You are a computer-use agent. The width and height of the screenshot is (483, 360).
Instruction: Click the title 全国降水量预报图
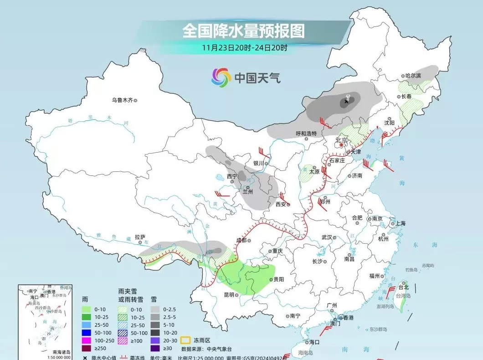click(x=243, y=31)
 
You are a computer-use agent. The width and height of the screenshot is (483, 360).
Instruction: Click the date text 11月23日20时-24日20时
click(x=245, y=47)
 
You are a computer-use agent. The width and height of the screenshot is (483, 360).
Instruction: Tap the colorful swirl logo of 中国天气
click(x=221, y=77)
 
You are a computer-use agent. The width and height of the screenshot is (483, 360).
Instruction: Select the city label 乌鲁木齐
click(x=122, y=100)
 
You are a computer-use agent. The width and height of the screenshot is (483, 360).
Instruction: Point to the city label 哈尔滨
click(x=413, y=76)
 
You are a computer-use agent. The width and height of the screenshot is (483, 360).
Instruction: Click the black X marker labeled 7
click(x=346, y=102)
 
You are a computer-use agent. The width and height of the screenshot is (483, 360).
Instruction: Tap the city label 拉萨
click(x=139, y=237)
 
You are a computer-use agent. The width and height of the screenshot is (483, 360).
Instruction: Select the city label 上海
click(x=400, y=223)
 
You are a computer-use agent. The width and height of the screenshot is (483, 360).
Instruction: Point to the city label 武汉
click(x=327, y=237)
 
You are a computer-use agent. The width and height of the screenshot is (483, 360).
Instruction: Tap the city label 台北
click(x=404, y=287)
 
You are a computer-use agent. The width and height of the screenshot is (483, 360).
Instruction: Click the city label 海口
click(x=314, y=341)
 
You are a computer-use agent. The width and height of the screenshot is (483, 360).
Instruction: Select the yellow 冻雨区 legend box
click(x=185, y=340)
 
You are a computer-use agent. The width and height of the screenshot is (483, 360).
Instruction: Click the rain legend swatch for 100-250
click(x=85, y=340)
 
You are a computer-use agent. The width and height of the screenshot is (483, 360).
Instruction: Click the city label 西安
click(x=281, y=204)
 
